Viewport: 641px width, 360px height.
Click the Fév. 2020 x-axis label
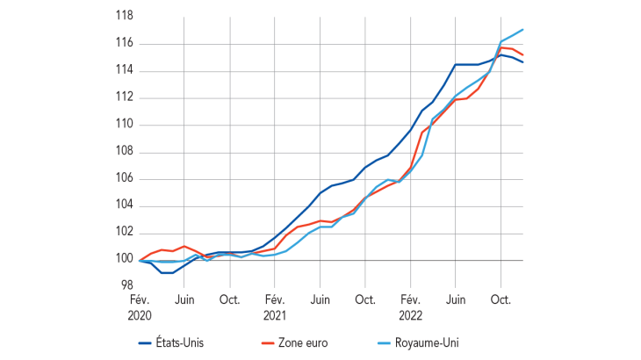pyautogui.click(x=140, y=306)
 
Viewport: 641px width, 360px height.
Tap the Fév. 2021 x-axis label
pyautogui.click(x=275, y=306)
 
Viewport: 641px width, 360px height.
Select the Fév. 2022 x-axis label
pyautogui.click(x=410, y=306)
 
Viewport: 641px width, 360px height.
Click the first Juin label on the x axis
pyautogui.click(x=184, y=299)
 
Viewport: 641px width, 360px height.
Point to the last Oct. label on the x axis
pyautogui.click(x=501, y=299)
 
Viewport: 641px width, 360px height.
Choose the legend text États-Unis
pyautogui.click(x=185, y=344)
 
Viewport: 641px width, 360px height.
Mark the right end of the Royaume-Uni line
pyautogui.click(x=523, y=30)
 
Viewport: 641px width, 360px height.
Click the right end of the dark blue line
pyautogui.click(x=523, y=62)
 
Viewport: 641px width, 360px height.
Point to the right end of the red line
pyautogui.click(x=523, y=55)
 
